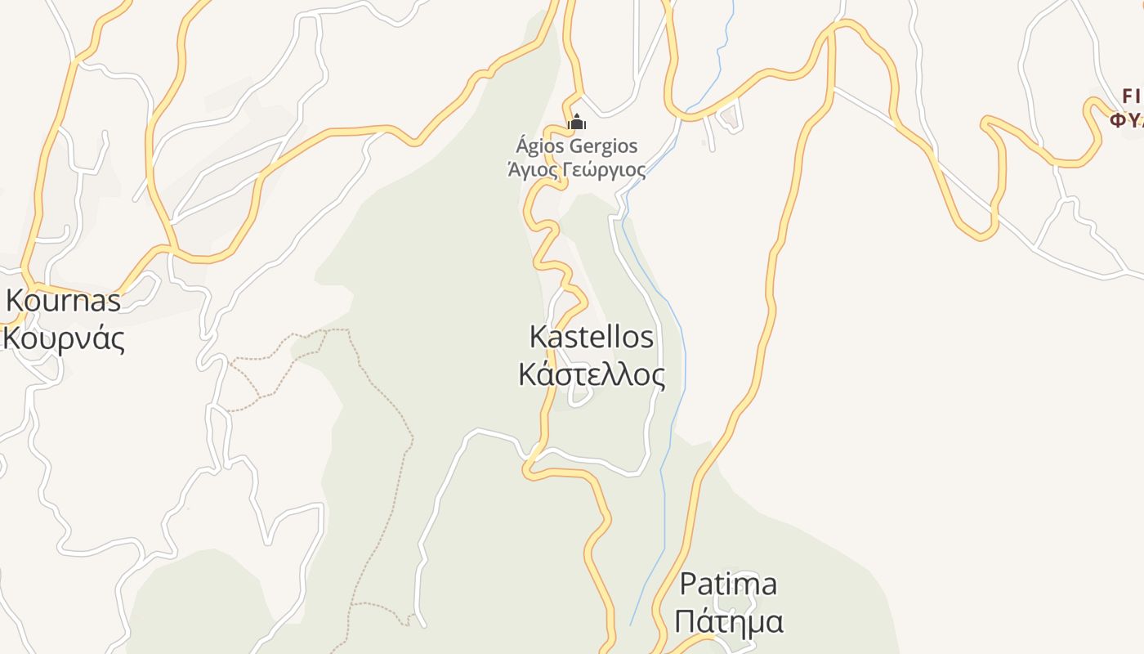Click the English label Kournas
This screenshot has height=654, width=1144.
[63, 301]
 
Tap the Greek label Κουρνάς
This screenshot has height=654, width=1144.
[63, 338]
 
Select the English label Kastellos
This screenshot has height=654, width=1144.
[592, 337]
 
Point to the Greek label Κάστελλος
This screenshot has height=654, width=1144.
[592, 374]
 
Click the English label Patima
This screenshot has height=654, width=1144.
[728, 585]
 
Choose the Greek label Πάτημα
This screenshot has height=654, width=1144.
[728, 621]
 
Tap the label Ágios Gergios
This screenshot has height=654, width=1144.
[576, 146]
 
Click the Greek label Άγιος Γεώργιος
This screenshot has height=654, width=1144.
[576, 170]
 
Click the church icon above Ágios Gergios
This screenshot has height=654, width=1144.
[576, 123]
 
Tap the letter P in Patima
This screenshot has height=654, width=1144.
[688, 585]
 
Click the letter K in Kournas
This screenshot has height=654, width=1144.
[15, 301]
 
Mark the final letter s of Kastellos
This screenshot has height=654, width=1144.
[647, 338]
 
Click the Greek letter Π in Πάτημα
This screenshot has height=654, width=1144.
[685, 621]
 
